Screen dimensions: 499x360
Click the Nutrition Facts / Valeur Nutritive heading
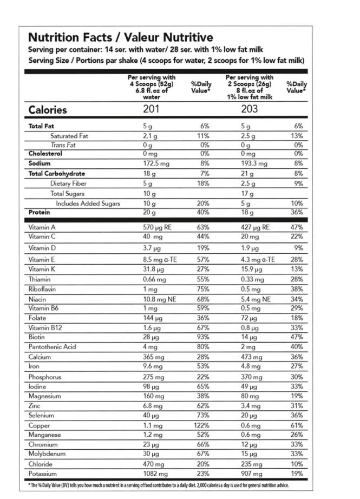coord(120,38)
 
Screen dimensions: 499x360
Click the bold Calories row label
coord(48,110)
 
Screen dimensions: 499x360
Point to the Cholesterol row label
coord(45,154)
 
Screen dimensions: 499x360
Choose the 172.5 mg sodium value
coord(155,163)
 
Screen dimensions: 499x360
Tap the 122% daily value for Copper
coord(201,425)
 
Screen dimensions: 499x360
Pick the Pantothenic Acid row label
coord(53,347)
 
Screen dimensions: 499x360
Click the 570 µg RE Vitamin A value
coord(156,227)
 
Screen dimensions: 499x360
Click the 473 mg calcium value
coord(251,357)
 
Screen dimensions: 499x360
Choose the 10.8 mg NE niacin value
coord(158,298)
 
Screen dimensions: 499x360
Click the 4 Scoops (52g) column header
coord(152,84)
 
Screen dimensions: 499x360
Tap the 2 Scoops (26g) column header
coord(250,84)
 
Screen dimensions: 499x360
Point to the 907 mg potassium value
coord(252,474)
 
